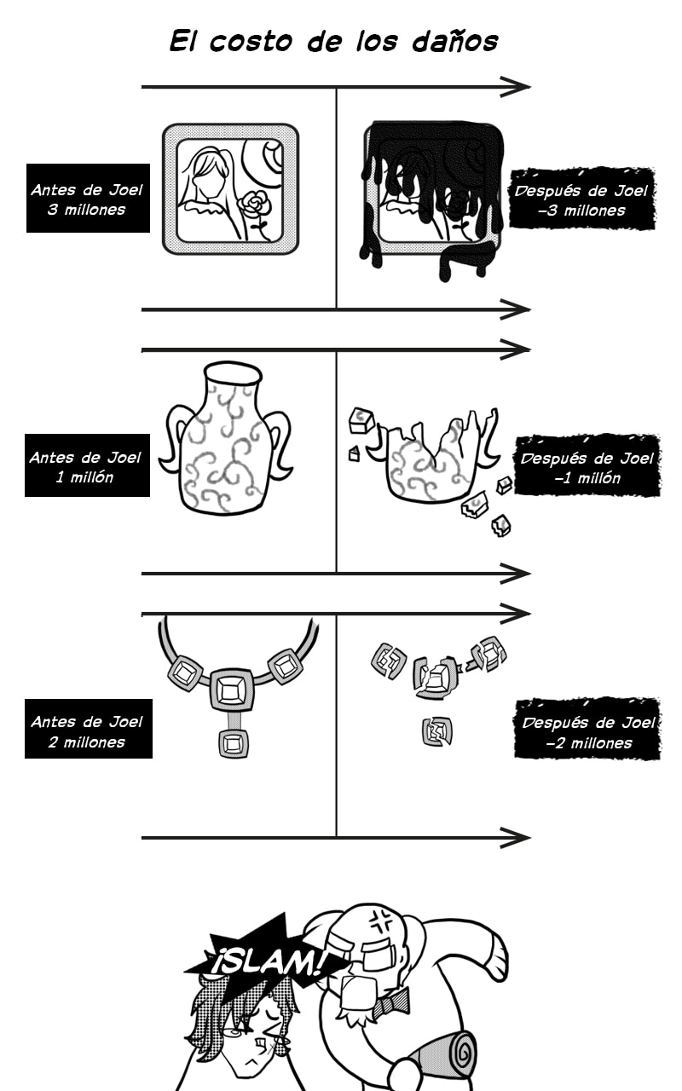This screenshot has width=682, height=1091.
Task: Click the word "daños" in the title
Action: coord(455,42)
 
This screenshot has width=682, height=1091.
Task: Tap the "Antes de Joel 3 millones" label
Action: coord(88,198)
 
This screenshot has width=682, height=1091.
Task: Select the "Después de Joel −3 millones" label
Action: coord(581,199)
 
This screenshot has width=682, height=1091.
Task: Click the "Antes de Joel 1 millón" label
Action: coord(87,465)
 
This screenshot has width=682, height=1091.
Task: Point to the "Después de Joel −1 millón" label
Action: coord(587,466)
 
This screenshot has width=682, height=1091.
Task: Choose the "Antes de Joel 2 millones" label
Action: coord(88,729)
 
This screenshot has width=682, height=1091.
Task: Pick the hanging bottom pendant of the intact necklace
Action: coord(234,743)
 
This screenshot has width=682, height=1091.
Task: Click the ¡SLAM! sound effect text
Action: coord(268,962)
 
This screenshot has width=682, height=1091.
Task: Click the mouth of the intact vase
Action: coord(233,374)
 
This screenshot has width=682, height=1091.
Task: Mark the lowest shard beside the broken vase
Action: coord(500,525)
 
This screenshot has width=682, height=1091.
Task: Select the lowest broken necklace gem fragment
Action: coord(437,731)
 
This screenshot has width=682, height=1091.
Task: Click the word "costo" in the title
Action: coord(251,42)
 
